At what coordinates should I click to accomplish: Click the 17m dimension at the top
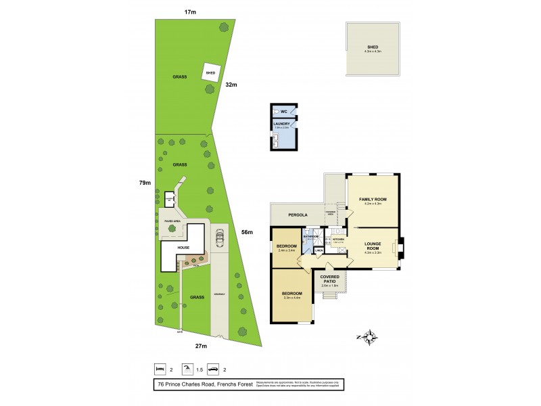(x=190, y=12)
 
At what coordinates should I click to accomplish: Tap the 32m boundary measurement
(x=231, y=85)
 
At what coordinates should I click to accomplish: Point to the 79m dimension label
(x=144, y=183)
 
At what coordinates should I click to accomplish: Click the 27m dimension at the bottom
(x=200, y=346)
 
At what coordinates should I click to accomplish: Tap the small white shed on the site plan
(x=210, y=72)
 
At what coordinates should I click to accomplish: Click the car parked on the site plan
(x=219, y=240)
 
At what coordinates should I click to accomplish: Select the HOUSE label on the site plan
(x=183, y=248)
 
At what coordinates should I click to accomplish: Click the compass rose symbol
(x=369, y=338)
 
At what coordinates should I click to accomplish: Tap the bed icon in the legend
(x=160, y=369)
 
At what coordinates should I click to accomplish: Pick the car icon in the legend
(x=212, y=369)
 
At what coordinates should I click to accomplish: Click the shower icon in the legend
(x=186, y=369)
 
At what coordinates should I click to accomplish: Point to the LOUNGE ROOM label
(x=373, y=246)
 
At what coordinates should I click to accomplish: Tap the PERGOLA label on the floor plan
(x=297, y=215)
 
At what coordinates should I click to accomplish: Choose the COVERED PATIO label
(x=331, y=280)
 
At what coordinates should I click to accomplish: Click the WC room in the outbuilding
(x=284, y=112)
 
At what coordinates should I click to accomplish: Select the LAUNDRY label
(x=281, y=124)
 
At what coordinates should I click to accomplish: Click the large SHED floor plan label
(x=373, y=47)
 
